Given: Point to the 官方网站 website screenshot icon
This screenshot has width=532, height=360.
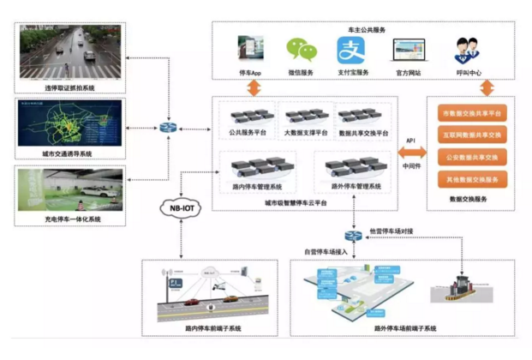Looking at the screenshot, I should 406,51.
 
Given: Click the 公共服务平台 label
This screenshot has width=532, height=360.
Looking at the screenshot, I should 248,135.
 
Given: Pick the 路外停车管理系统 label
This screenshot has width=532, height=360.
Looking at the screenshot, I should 356,186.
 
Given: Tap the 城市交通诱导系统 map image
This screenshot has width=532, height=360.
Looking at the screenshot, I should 70,123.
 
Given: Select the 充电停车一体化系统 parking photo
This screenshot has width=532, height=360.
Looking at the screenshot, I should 70,189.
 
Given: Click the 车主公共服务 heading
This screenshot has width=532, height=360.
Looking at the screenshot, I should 367,29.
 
